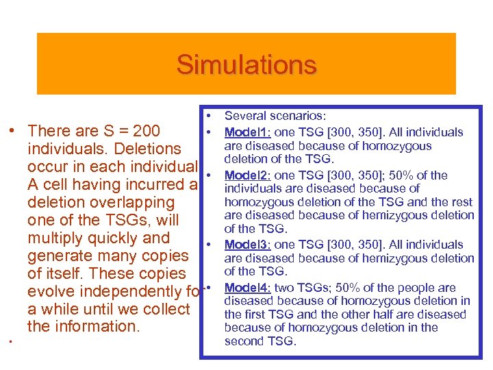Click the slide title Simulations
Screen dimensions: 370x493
246,65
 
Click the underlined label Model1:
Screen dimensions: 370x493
249,132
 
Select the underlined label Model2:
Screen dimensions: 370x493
249,175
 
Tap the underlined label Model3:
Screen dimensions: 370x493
249,245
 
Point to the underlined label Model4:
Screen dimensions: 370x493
249,288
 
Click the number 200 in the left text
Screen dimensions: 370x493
147,131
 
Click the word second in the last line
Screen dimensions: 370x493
242,341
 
